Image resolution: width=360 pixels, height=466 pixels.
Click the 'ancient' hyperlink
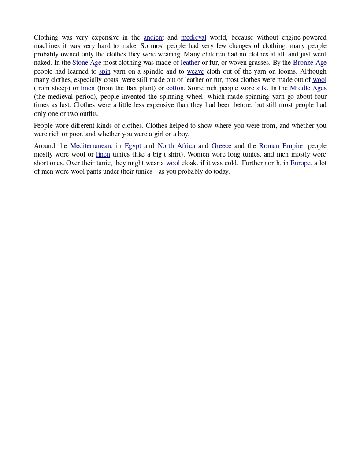tap(153, 37)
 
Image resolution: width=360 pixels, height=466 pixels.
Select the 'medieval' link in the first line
tap(193, 37)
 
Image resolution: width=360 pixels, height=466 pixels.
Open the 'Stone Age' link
tap(87, 63)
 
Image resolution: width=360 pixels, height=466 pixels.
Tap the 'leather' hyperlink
tap(190, 63)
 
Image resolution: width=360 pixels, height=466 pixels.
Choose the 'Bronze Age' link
tap(309, 63)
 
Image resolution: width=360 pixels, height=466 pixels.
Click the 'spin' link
tap(104, 71)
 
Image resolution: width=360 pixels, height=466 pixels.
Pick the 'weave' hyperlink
tap(195, 71)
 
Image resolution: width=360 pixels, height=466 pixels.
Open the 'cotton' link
tap(174, 88)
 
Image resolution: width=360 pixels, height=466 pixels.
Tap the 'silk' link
tap(261, 88)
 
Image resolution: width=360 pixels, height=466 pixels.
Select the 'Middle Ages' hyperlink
tap(308, 88)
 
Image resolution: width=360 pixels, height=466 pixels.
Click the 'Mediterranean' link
tap(90, 146)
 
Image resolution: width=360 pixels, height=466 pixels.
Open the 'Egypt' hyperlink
tap(133, 146)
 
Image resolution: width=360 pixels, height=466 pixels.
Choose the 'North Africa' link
tap(176, 146)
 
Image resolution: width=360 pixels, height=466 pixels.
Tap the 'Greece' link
tap(221, 146)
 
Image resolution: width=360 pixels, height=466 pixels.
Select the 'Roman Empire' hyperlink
tap(281, 146)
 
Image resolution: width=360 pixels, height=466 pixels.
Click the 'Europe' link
tap(301, 163)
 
